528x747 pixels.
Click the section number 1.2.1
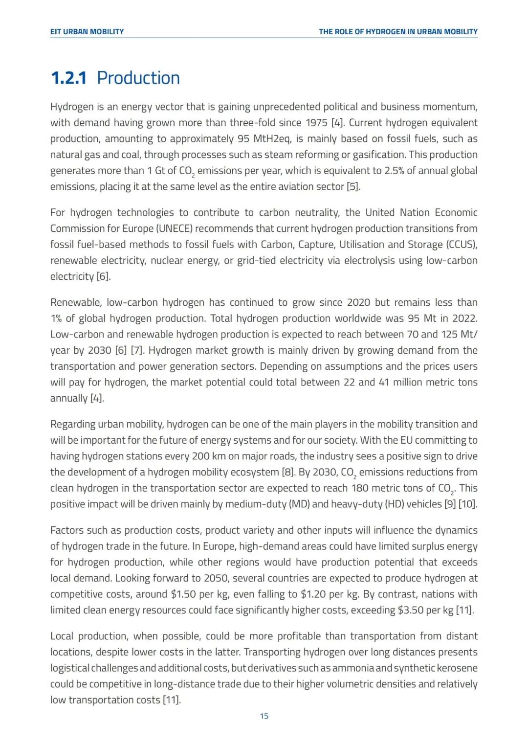pyautogui.click(x=68, y=78)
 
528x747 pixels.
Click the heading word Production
pyautogui.click(x=138, y=78)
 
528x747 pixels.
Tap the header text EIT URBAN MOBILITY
pyautogui.click(x=87, y=32)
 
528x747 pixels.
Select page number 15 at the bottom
pyautogui.click(x=264, y=716)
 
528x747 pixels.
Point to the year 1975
pyautogui.click(x=317, y=123)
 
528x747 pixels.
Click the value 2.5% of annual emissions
pyautogui.click(x=394, y=171)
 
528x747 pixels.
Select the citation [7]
pyautogui.click(x=137, y=351)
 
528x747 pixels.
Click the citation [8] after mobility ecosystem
pyautogui.click(x=288, y=473)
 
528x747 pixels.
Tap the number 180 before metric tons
pyautogui.click(x=359, y=488)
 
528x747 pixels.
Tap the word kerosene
pyautogui.click(x=457, y=668)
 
